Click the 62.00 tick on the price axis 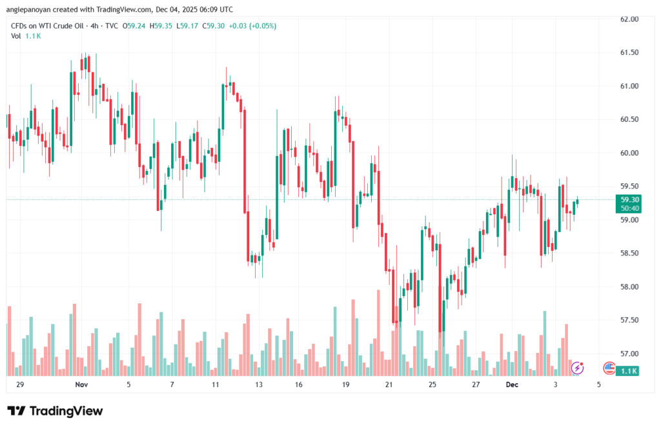pyautogui.click(x=629, y=19)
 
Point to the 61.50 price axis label pyautogui.click(x=629, y=52)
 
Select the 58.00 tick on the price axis pyautogui.click(x=629, y=286)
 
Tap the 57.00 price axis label pyautogui.click(x=629, y=354)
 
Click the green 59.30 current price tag pyautogui.click(x=629, y=200)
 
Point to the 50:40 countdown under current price pyautogui.click(x=629, y=208)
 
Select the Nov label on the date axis pyautogui.click(x=81, y=384)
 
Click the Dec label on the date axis pyautogui.click(x=512, y=384)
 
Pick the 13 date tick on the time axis pyautogui.click(x=259, y=384)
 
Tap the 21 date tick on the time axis pyautogui.click(x=389, y=384)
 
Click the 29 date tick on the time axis pyautogui.click(x=20, y=384)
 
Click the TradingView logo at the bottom pyautogui.click(x=55, y=411)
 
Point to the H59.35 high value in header pyautogui.click(x=162, y=26)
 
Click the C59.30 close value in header pyautogui.click(x=213, y=26)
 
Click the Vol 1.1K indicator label pyautogui.click(x=26, y=35)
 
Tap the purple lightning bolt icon pyautogui.click(x=578, y=368)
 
